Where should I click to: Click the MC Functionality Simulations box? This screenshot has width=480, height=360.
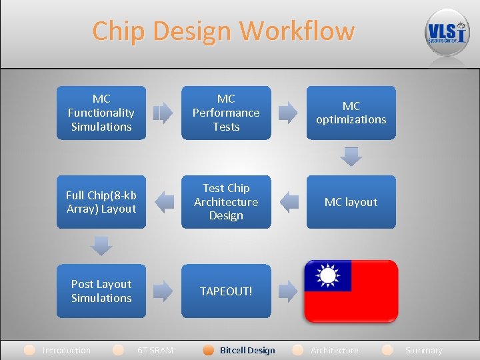[101, 113]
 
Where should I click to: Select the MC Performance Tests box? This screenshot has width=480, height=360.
[226, 113]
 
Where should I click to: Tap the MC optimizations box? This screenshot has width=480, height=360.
[351, 113]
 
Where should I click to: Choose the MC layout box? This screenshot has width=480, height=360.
[351, 202]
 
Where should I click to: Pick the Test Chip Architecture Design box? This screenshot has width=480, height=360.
[226, 202]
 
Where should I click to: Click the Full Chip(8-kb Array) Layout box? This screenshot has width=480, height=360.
[101, 202]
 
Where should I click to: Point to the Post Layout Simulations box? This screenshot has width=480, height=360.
[101, 291]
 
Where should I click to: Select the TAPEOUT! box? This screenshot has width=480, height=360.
[226, 291]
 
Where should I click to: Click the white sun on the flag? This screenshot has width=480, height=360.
[327, 275]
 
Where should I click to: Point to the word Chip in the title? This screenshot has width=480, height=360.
[117, 31]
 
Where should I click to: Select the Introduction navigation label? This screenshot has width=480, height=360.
[66, 350]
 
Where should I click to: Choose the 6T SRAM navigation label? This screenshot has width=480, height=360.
[155, 350]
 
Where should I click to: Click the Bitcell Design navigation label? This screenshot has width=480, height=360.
[247, 350]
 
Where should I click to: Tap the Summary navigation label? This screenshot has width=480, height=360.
[423, 350]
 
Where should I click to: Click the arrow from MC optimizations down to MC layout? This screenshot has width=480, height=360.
[351, 157]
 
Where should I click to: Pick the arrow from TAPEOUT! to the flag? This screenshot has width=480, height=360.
[288, 291]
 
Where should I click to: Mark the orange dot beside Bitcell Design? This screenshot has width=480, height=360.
[209, 350]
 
